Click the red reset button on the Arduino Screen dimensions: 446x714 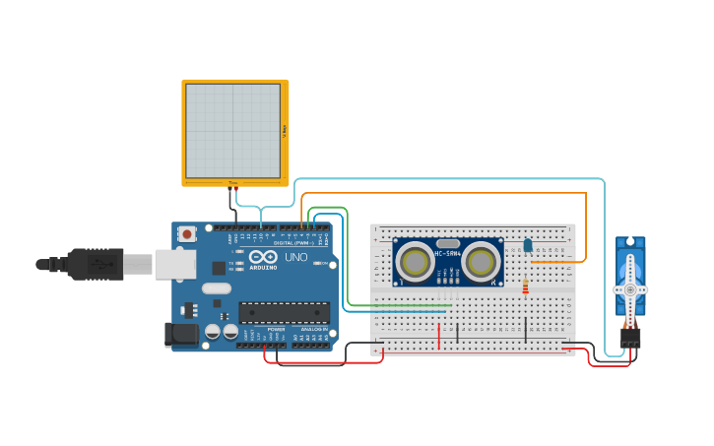coord(186,233)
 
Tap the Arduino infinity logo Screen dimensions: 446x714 coord(263,258)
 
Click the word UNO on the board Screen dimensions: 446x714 coord(296,258)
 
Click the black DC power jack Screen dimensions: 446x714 coord(182,334)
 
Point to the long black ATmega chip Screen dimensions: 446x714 coord(285,313)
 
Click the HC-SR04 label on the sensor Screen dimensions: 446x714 coord(448,253)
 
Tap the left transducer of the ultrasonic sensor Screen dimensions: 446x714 coord(415,262)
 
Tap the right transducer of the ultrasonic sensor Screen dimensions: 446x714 coord(482,262)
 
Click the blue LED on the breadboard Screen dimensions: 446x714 coord(528,244)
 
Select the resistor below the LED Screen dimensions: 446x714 coord(525,287)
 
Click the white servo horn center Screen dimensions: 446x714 coord(630,289)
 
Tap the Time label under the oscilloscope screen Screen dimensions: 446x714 coord(233,182)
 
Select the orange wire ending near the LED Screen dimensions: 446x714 coord(552,262)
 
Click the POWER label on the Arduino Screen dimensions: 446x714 coord(277,330)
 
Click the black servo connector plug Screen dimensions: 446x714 coord(629,337)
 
